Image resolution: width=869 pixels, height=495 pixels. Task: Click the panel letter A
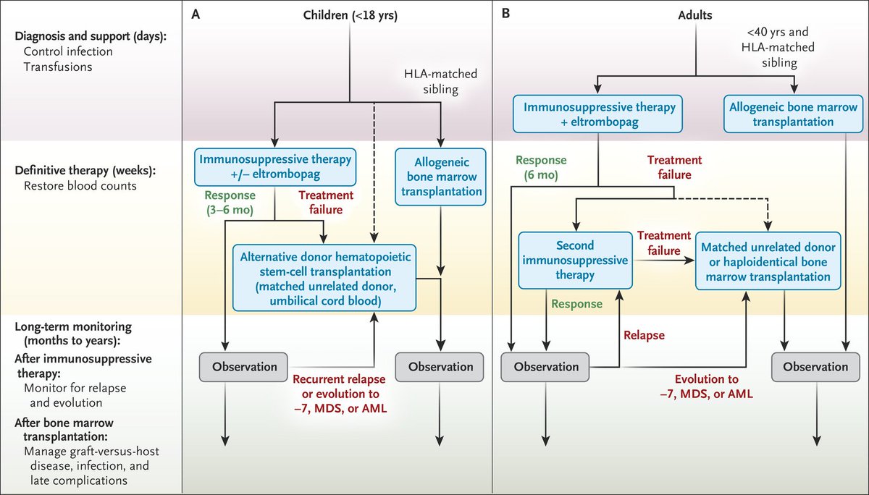196,14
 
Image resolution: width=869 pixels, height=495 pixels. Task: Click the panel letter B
506,14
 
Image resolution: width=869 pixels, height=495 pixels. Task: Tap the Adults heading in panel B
695,15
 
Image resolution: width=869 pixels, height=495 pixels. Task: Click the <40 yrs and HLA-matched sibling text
781,46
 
